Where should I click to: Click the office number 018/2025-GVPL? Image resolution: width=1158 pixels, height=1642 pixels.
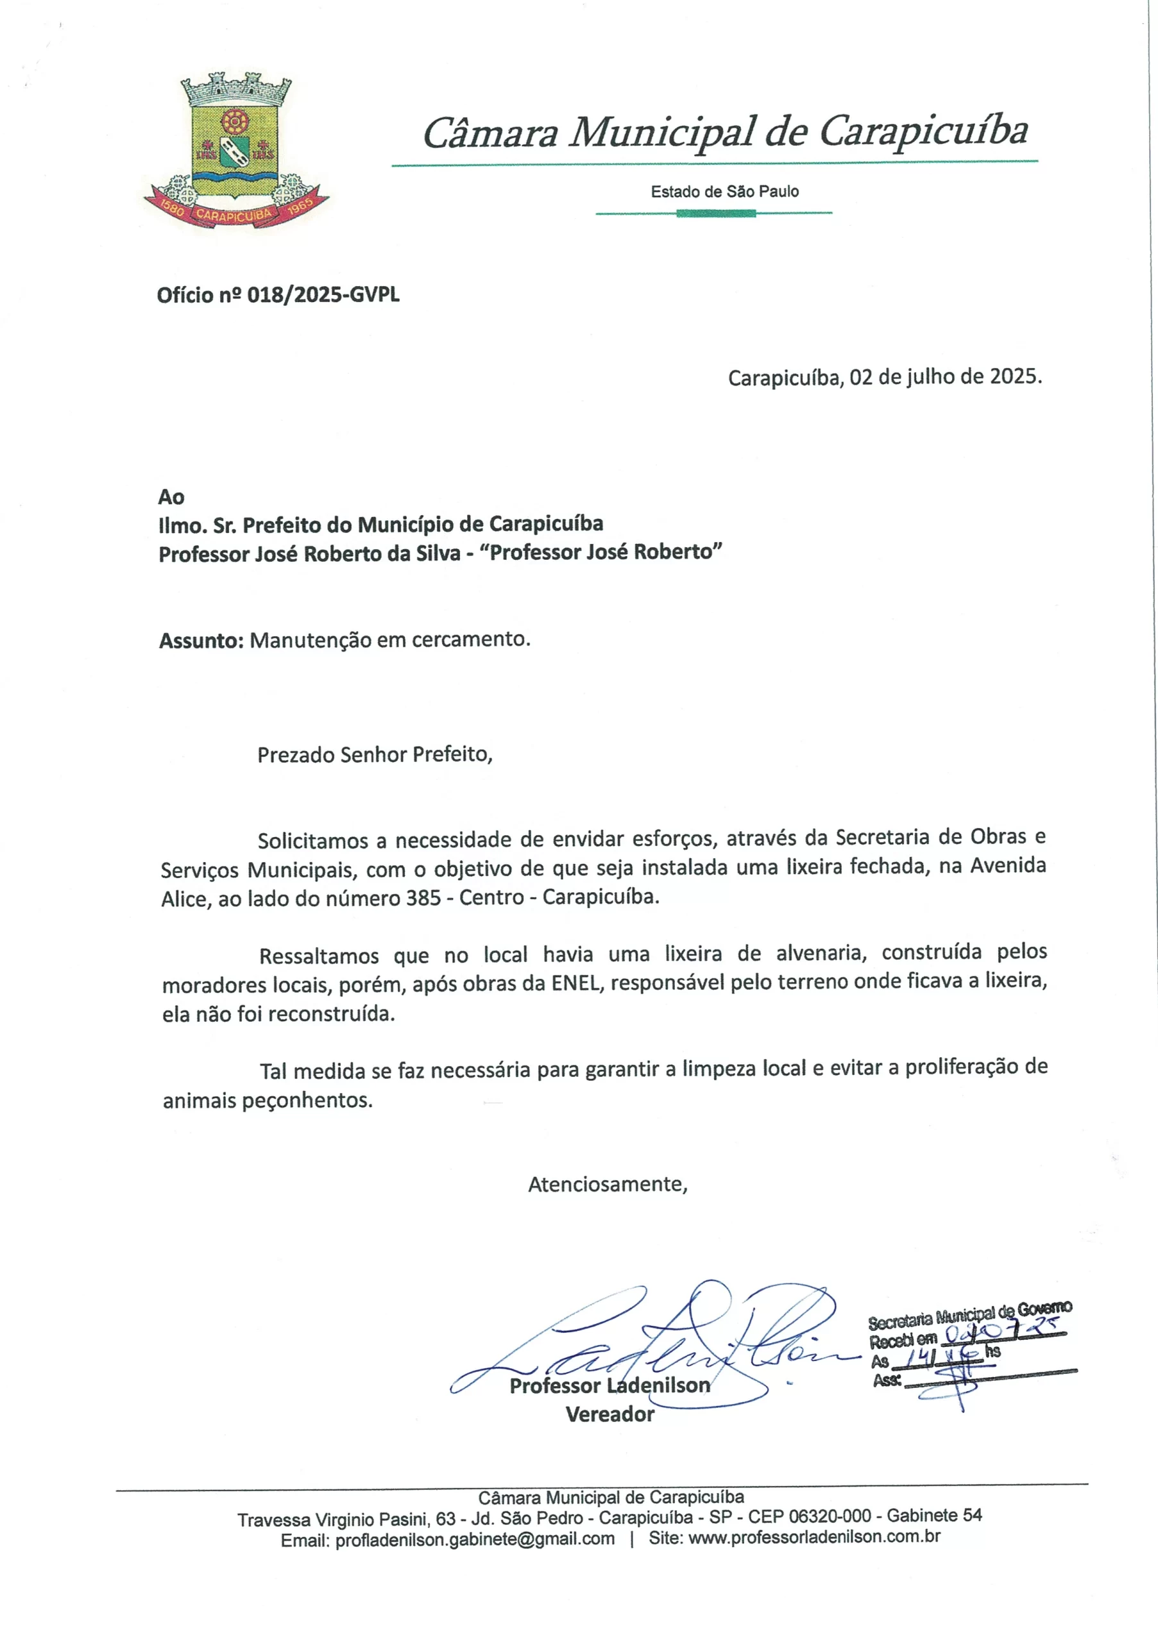pyautogui.click(x=323, y=294)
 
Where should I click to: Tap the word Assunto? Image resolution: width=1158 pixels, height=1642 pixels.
pyautogui.click(x=201, y=640)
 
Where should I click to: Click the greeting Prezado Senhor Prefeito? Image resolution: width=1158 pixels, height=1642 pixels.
pyautogui.click(x=374, y=754)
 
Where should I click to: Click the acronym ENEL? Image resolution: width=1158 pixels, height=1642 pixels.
pyautogui.click(x=577, y=983)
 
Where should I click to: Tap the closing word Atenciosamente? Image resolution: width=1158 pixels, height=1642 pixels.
pyautogui.click(x=608, y=1184)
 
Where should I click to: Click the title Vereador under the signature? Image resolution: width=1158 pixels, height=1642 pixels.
pyautogui.click(x=609, y=1414)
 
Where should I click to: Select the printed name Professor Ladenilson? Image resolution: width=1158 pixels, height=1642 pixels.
pyautogui.click(x=609, y=1385)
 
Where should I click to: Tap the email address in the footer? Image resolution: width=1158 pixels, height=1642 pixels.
pyautogui.click(x=475, y=1539)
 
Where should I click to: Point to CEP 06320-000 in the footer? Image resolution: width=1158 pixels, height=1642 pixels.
pyautogui.click(x=810, y=1516)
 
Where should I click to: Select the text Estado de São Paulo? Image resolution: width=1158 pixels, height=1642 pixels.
pyautogui.click(x=724, y=192)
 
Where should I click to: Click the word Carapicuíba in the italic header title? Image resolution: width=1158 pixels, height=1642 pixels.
pyautogui.click(x=923, y=132)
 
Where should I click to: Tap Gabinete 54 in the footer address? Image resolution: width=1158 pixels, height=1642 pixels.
pyautogui.click(x=934, y=1516)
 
